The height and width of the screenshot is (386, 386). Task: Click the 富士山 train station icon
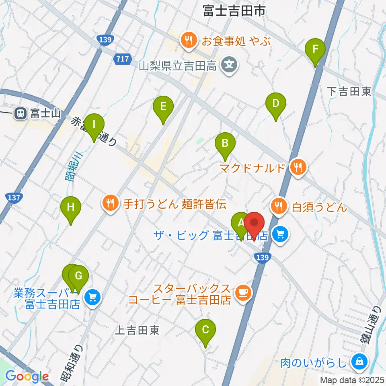(19, 114)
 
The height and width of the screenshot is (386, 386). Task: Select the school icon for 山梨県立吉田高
(229, 64)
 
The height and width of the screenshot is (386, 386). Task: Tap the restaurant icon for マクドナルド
(298, 167)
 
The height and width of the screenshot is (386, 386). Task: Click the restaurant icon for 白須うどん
(278, 207)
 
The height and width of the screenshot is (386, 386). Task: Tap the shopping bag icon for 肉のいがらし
(357, 361)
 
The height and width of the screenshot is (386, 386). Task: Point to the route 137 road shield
(14, 197)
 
